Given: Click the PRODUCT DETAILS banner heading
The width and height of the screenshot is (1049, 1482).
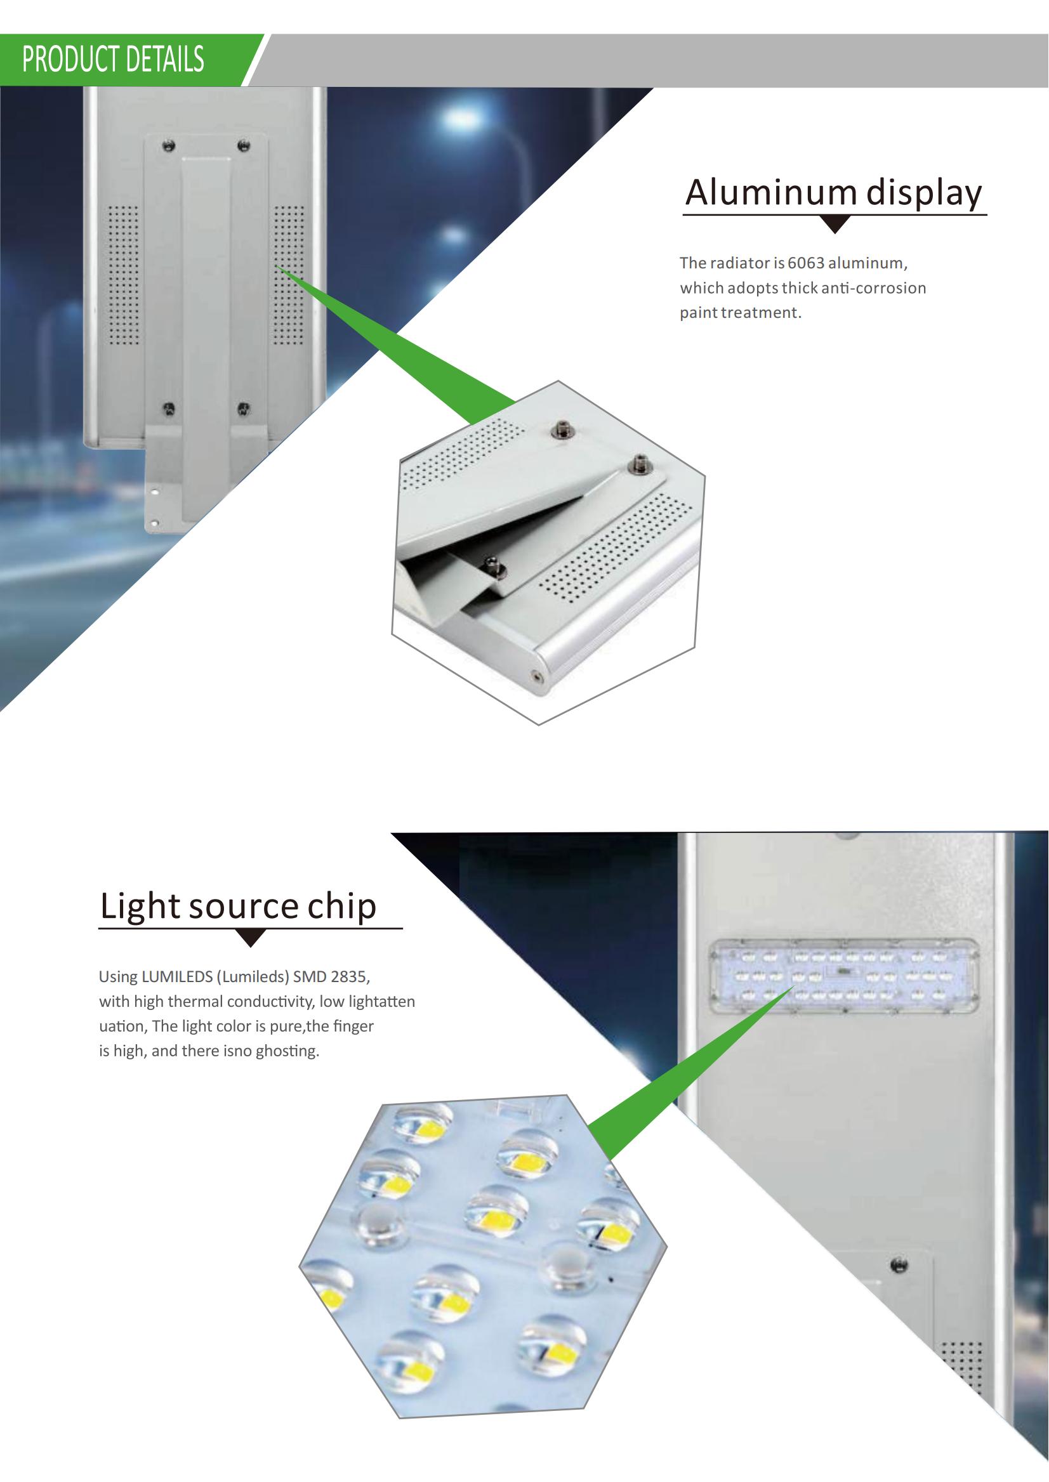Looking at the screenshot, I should click(x=113, y=60).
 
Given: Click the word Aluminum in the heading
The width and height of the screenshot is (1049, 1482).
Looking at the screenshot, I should click(x=770, y=192).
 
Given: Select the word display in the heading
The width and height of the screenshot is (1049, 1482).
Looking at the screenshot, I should click(x=924, y=193).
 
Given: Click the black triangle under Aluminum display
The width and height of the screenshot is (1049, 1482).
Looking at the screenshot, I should click(x=835, y=224).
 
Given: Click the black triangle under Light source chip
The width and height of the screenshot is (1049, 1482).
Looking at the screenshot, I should click(x=251, y=937).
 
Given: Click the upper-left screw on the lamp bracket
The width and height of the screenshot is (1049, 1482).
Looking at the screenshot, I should click(x=169, y=145).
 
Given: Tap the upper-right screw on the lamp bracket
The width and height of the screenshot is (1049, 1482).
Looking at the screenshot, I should click(x=244, y=145).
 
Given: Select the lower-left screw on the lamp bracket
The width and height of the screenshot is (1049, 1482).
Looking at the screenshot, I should click(x=169, y=408).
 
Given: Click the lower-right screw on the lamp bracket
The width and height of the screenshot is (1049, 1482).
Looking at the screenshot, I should click(x=244, y=408).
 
